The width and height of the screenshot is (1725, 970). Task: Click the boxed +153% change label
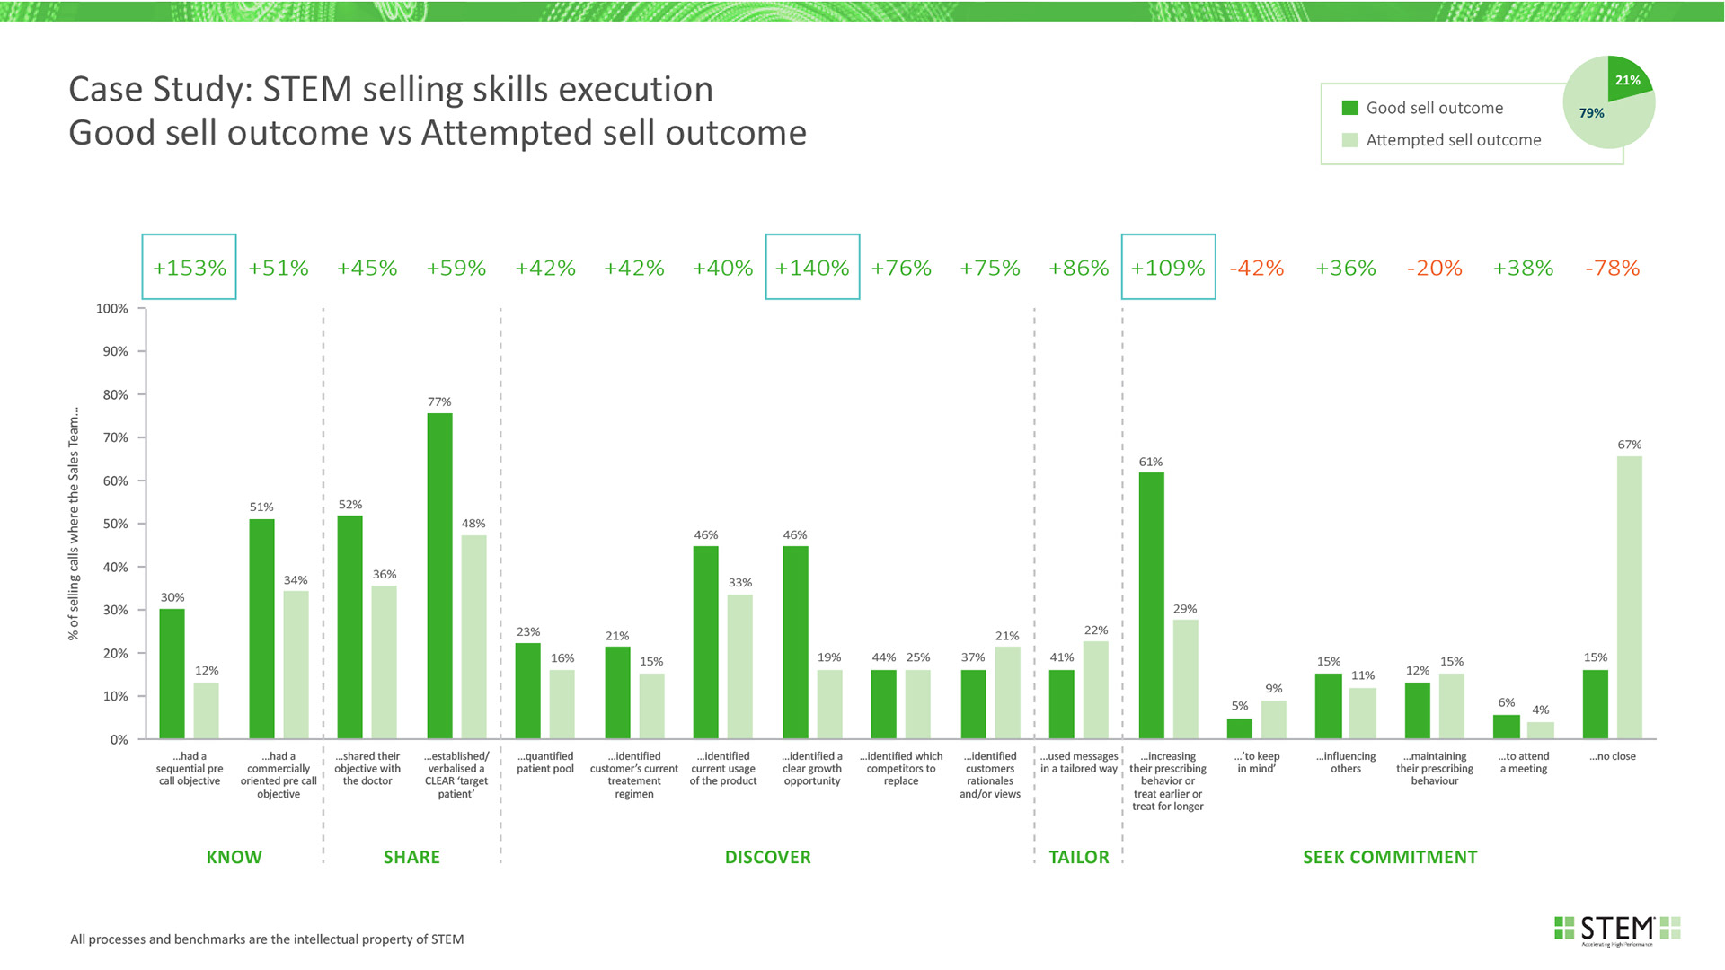tap(189, 268)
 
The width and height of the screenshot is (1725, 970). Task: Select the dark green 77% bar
tap(439, 576)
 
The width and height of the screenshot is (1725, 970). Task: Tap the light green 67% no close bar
tap(1629, 597)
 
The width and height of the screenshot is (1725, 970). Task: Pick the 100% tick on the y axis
tap(112, 309)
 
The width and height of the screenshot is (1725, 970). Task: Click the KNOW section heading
tap(234, 857)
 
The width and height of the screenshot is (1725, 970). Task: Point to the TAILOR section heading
tap(1078, 857)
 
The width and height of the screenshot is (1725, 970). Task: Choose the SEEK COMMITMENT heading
tap(1390, 857)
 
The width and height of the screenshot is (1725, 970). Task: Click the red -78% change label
tap(1612, 268)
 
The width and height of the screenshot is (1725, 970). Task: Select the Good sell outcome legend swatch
tap(1349, 108)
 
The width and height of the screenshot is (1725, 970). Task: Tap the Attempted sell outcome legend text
tap(1453, 140)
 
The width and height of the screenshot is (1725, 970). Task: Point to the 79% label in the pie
tap(1591, 113)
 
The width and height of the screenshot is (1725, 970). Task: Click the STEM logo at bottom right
tap(1617, 929)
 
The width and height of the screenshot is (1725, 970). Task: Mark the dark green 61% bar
tap(1151, 605)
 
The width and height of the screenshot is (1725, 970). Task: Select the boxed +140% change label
tap(812, 268)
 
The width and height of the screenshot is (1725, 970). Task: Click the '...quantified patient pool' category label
tap(545, 763)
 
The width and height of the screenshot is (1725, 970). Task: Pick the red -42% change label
tap(1256, 268)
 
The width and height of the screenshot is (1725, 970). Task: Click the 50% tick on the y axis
tap(115, 524)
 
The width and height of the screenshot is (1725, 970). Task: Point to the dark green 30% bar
tap(172, 674)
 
